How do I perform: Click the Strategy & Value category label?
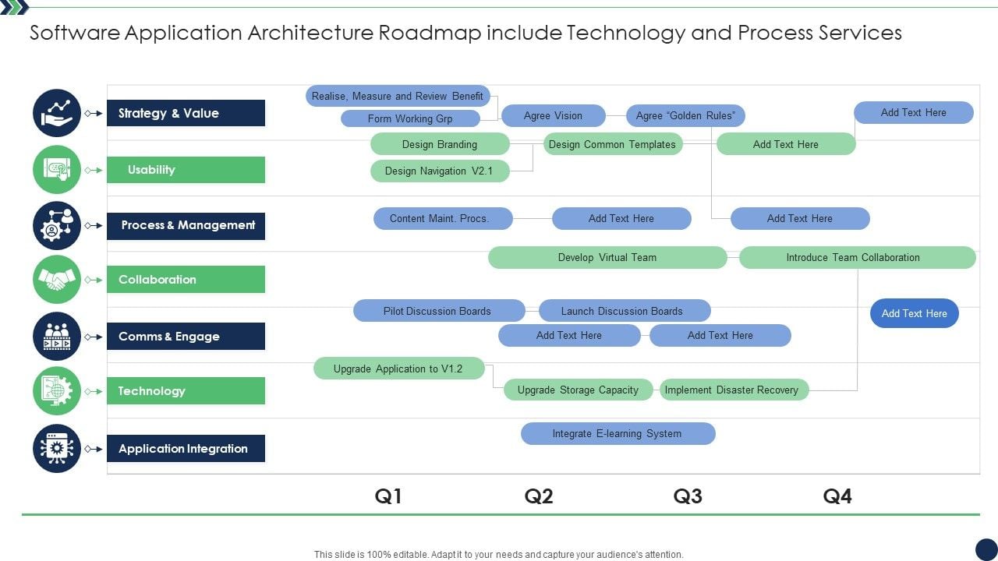[x=186, y=113]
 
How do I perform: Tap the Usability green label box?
[x=186, y=170]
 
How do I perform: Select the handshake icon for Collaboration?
[x=57, y=280]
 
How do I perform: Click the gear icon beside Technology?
[x=57, y=391]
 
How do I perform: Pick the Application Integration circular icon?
[x=57, y=449]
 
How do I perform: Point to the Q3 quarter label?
[x=688, y=496]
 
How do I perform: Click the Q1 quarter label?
[x=388, y=496]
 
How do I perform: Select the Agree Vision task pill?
[x=553, y=116]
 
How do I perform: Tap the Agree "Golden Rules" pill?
[x=685, y=116]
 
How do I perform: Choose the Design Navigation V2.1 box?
[x=439, y=171]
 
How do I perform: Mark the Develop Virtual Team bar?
[x=607, y=258]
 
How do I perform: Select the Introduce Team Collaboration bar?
[x=857, y=258]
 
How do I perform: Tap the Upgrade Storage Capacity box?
[x=579, y=390]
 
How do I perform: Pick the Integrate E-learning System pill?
[x=618, y=434]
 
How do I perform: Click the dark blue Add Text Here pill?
[x=914, y=314]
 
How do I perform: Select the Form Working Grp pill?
[x=410, y=119]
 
